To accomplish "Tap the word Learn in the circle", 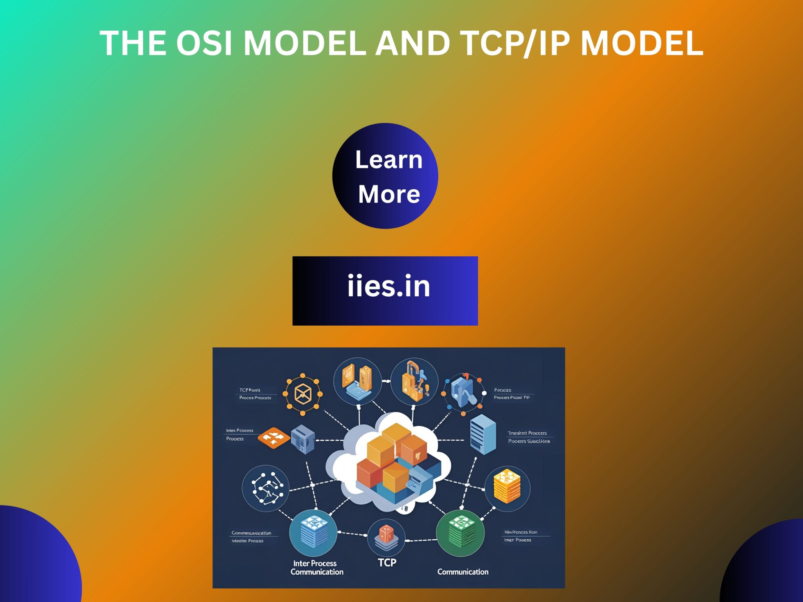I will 389,160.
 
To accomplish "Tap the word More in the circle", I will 389,194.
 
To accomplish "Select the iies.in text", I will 389,286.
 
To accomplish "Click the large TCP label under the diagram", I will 387,563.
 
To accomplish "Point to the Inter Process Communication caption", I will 317,568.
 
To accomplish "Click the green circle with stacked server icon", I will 460,533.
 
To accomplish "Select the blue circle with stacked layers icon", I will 313,533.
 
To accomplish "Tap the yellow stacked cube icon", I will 507,487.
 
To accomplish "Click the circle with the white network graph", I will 265,488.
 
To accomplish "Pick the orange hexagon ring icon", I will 302,394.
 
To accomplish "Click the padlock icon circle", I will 414,382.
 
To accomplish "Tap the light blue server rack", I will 483,434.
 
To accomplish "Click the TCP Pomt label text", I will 250,390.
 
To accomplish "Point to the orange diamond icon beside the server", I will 273,437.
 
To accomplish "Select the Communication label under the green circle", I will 463,572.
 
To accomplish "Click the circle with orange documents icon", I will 357,381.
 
